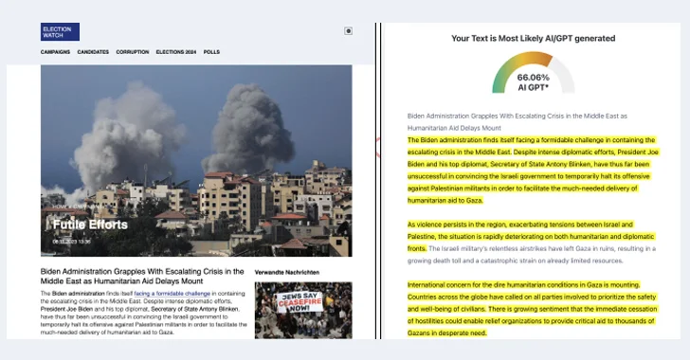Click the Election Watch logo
tap(60, 31)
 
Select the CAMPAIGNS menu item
tap(55, 52)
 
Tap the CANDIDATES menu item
tap(93, 52)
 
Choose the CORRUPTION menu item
tap(133, 52)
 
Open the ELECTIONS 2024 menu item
tap(176, 52)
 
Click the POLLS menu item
tap(211, 52)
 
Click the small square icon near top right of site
tap(349, 31)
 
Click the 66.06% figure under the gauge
tap(533, 78)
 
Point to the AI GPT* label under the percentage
tap(533, 88)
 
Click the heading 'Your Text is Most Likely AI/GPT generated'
tap(533, 39)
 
